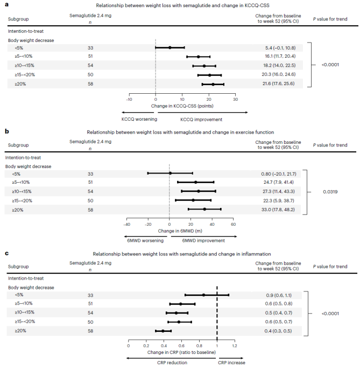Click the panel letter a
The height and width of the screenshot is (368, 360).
tap(6, 5)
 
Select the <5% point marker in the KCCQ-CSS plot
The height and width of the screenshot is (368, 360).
tap(170, 47)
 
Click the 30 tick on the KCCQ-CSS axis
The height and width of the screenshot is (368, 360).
tap(235, 99)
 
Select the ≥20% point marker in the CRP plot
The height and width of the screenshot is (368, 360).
tap(163, 331)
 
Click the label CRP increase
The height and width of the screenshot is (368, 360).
tap(231, 363)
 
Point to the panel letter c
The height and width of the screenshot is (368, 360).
tap(6, 253)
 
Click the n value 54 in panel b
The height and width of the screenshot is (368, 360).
tap(90, 191)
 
